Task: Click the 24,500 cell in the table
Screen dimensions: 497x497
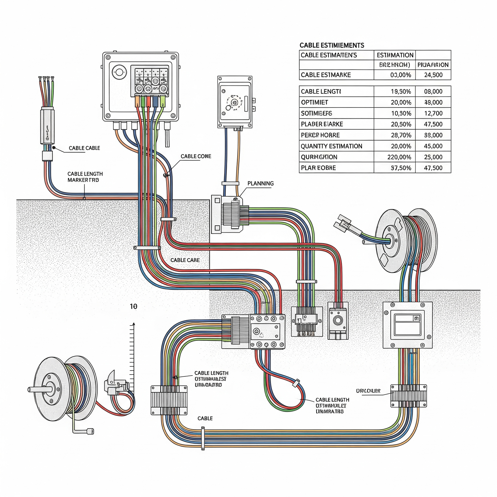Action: pyautogui.click(x=433, y=75)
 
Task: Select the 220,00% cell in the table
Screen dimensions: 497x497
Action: pyautogui.click(x=399, y=157)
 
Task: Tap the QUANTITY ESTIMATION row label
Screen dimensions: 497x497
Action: pyautogui.click(x=331, y=146)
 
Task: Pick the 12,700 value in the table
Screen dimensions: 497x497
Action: pyautogui.click(x=433, y=113)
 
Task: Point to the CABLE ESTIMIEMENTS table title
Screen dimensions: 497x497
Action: pyautogui.click(x=332, y=45)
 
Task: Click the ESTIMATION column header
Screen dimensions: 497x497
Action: pyautogui.click(x=395, y=55)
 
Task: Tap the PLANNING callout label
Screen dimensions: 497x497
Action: pyautogui.click(x=260, y=184)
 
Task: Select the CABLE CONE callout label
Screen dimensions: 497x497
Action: pyautogui.click(x=196, y=156)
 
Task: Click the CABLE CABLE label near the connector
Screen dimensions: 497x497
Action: pyautogui.click(x=84, y=148)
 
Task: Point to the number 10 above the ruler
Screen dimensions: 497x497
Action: pyautogui.click(x=133, y=307)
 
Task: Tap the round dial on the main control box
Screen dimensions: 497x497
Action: pyautogui.click(x=119, y=73)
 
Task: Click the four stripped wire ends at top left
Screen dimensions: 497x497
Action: pyautogui.click(x=46, y=79)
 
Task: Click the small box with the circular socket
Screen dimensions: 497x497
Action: pyautogui.click(x=338, y=321)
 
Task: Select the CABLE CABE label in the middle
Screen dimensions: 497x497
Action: pyautogui.click(x=185, y=260)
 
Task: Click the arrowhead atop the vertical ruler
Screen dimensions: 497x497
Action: pyautogui.click(x=134, y=324)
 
